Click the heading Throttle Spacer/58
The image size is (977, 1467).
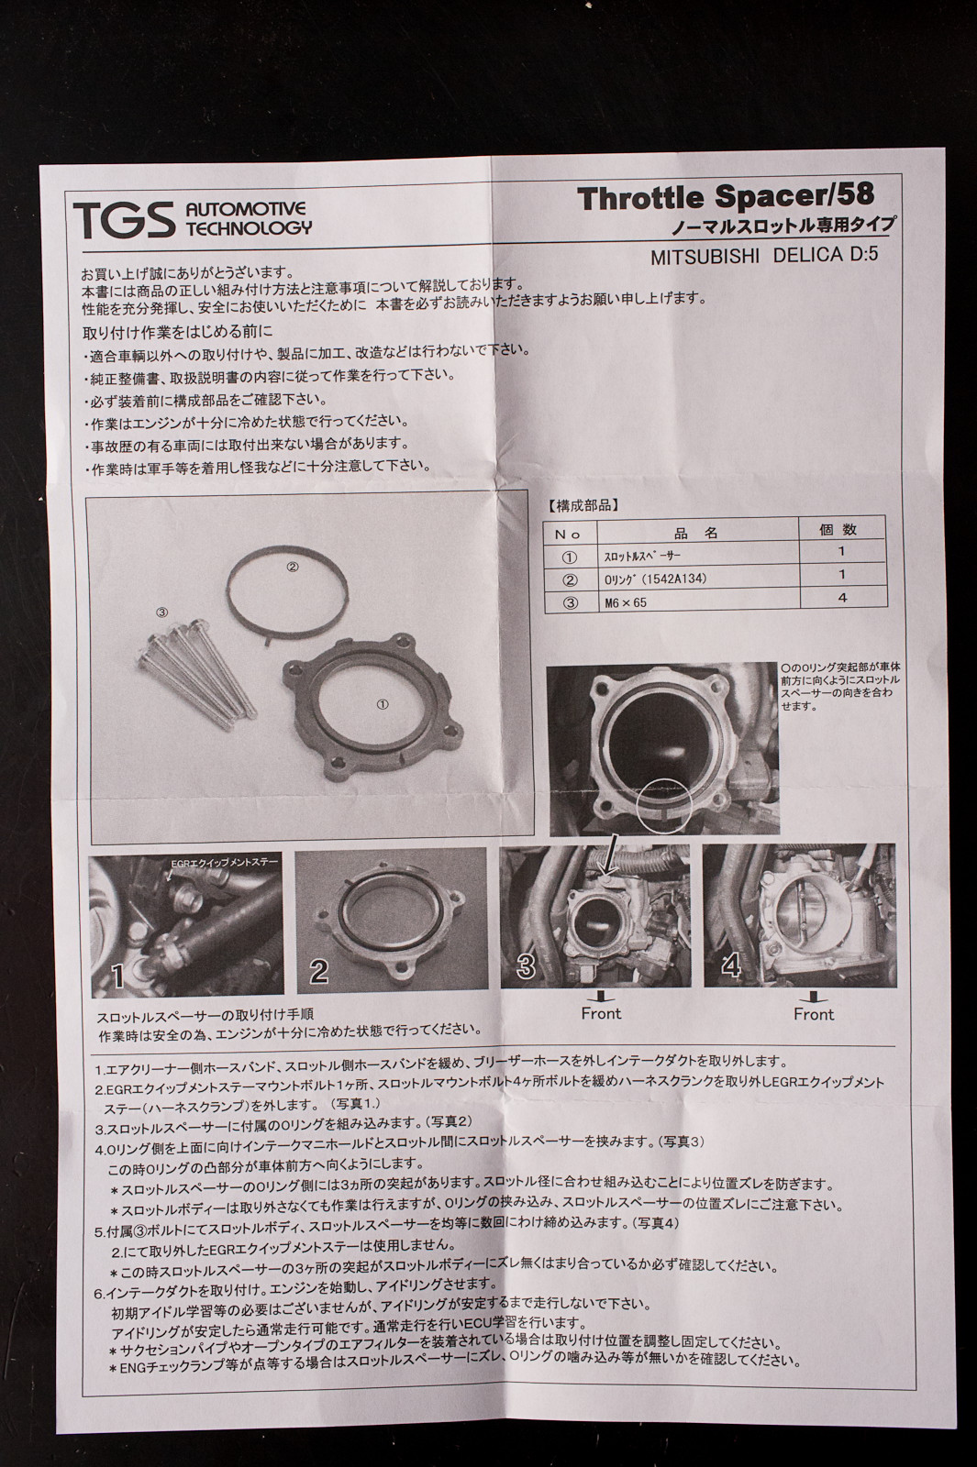[726, 198]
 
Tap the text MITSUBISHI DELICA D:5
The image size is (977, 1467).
[763, 256]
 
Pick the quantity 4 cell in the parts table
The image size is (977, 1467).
[842, 597]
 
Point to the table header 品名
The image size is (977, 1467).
[696, 533]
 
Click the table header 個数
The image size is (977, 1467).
[838, 529]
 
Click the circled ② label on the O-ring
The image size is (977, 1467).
[293, 568]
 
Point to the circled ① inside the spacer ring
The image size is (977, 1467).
[383, 704]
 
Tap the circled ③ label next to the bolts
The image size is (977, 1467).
[162, 612]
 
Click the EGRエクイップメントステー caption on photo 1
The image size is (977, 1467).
[224, 862]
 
